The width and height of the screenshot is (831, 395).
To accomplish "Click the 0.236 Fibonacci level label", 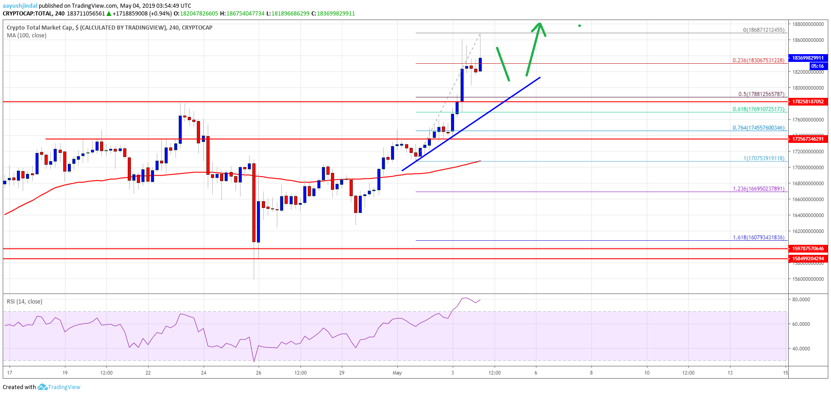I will tap(758, 61).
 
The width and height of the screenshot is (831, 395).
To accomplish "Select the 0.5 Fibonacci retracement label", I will tap(761, 94).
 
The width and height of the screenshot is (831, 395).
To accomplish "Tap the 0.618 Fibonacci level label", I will tap(758, 109).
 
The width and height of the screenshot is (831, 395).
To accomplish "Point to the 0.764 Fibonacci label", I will tap(758, 128).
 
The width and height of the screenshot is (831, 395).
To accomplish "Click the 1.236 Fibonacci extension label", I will tap(758, 189).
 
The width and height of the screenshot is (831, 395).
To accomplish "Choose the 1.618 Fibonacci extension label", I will tap(758, 238).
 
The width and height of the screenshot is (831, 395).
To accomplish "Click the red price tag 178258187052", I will tap(808, 101).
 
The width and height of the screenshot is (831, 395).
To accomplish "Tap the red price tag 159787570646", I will tap(808, 248).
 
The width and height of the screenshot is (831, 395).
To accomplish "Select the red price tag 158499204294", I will tap(808, 258).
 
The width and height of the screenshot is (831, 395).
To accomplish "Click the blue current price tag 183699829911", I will tap(808, 58).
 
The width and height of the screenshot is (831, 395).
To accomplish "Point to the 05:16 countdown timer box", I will tap(817, 66).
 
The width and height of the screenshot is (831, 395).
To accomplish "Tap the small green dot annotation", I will tap(580, 25).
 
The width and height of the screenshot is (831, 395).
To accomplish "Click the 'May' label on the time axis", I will tap(397, 373).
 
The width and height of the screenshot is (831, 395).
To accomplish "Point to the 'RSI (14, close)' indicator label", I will tap(25, 301).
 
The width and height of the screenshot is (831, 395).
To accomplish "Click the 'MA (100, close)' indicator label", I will tap(26, 35).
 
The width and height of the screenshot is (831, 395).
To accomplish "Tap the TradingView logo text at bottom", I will tap(64, 387).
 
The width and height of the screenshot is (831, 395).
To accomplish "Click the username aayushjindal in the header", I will tap(20, 6).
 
